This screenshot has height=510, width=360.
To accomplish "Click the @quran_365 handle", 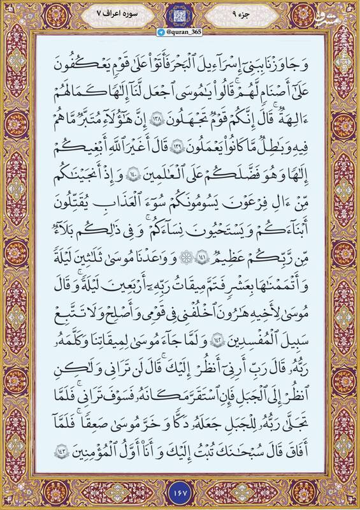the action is pos(180,36).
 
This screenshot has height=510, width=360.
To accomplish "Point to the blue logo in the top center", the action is pos(180,17).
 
